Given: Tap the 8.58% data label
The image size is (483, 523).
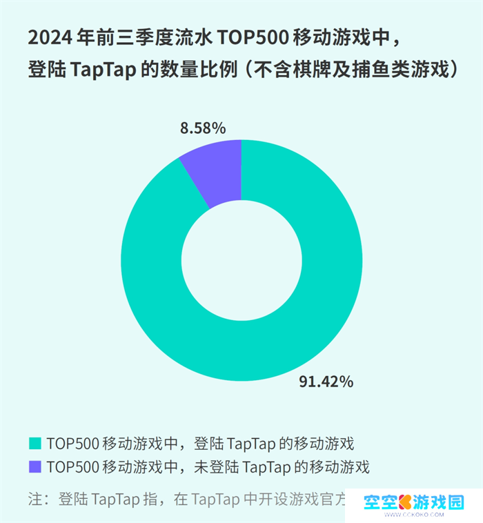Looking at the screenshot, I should tap(202, 128).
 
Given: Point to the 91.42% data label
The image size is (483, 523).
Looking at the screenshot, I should tap(326, 382).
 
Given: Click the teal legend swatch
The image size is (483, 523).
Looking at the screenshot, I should tap(34, 442).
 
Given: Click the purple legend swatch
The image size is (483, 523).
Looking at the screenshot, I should tap(34, 467).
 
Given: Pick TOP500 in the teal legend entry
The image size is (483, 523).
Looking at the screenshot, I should tap(72, 442).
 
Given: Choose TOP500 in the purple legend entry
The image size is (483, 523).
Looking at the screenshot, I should tap(72, 467).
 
